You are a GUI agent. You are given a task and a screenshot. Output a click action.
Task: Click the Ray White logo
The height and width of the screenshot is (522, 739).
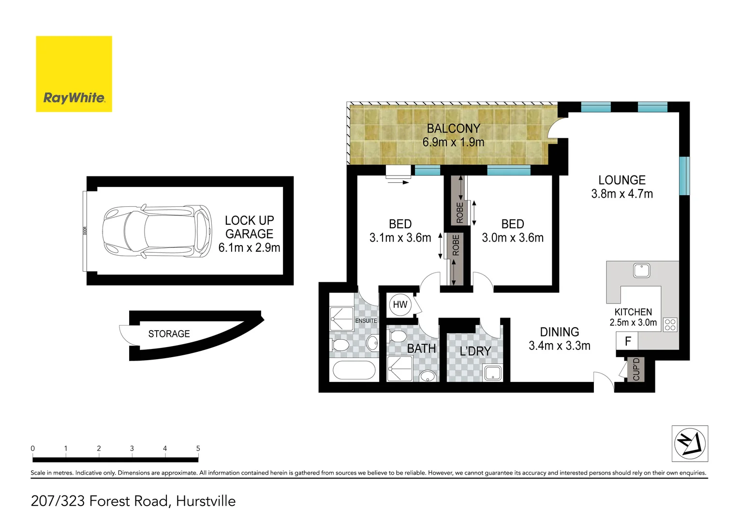[74, 74]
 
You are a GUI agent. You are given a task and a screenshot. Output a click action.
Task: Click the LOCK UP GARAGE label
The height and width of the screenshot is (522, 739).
[249, 234]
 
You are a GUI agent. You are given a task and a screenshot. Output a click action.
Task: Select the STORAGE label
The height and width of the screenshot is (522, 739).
[169, 334]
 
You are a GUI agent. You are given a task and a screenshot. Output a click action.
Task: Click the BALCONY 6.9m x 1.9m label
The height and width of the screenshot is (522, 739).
[453, 135]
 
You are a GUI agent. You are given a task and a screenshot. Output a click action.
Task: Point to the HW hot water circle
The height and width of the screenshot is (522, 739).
[400, 304]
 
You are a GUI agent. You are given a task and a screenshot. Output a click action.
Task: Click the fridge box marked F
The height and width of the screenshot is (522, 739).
[627, 342]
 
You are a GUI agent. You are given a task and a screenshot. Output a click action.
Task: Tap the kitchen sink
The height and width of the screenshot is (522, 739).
[641, 271]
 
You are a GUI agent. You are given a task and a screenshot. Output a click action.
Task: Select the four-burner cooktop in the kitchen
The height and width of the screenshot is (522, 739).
[670, 324]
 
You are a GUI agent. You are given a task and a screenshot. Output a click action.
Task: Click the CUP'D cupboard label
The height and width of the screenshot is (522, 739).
[636, 369]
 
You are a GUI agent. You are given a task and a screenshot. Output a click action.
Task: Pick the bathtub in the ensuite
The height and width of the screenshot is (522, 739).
[354, 371]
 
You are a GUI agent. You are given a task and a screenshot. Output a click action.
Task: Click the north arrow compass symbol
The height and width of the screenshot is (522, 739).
[690, 443]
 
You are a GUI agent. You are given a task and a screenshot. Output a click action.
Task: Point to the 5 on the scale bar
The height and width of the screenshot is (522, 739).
[198, 449]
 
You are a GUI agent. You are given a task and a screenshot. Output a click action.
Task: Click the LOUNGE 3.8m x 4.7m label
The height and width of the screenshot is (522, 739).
[621, 187]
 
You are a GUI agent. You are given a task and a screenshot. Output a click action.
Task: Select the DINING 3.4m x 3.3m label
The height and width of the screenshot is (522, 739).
[559, 339]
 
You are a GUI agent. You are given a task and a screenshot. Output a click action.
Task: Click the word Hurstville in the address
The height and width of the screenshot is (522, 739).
[206, 501]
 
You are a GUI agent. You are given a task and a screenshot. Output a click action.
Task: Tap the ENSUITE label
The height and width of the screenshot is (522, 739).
[366, 321]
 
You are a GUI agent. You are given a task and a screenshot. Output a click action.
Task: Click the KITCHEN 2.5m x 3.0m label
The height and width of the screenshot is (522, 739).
[633, 318]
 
